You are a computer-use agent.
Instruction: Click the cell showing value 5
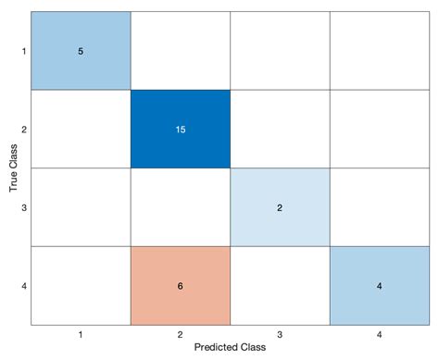[81, 51]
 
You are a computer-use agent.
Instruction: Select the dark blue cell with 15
[180, 129]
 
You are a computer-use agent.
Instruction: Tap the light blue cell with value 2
[279, 207]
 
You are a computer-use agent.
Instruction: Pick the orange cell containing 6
[180, 285]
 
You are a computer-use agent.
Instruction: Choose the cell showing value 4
[378, 285]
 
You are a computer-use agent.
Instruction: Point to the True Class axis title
[12, 168]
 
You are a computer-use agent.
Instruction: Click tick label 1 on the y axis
[23, 51]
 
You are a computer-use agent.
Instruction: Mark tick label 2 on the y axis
[23, 129]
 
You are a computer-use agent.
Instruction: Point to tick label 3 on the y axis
[23, 207]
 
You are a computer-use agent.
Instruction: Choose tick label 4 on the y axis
[23, 285]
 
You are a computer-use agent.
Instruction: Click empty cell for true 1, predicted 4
[378, 51]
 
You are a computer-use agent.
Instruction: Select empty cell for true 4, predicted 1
[81, 285]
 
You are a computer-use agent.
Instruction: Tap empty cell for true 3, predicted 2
[180, 207]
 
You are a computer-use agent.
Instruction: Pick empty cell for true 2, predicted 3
[279, 129]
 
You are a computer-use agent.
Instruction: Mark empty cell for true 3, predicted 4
[378, 207]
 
